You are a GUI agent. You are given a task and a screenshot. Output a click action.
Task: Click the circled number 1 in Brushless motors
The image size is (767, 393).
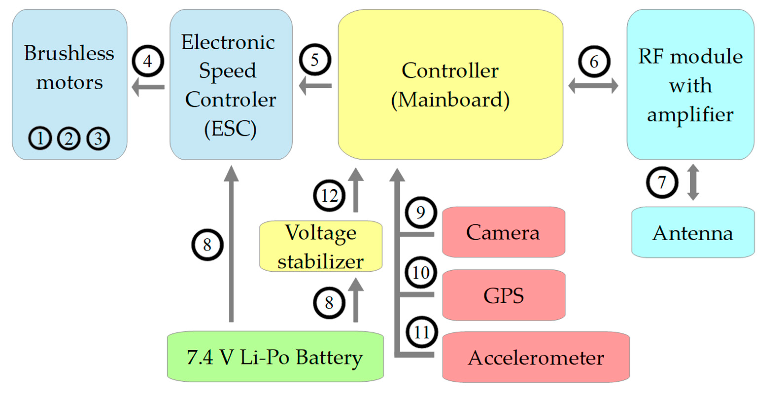click(40, 138)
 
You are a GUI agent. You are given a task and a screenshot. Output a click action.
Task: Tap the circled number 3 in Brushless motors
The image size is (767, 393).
click(98, 139)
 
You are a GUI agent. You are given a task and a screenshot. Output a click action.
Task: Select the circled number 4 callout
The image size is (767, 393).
click(148, 61)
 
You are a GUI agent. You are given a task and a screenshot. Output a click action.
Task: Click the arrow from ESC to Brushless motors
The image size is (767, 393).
click(148, 87)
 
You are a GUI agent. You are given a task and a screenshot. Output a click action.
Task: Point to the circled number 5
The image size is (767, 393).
click(315, 60)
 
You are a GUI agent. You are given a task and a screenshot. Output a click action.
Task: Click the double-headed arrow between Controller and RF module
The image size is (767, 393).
click(593, 86)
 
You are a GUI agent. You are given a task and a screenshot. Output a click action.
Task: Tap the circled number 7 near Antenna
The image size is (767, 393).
click(662, 182)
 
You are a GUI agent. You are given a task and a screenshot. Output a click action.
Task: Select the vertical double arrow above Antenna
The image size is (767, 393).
click(693, 182)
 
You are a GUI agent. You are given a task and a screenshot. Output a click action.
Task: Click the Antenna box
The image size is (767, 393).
click(693, 232)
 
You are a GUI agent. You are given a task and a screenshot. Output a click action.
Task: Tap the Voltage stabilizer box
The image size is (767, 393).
click(321, 246)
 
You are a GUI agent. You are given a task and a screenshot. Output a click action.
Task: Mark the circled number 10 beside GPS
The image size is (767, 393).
click(421, 272)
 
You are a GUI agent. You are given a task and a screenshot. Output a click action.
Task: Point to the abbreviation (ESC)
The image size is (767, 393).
click(230, 129)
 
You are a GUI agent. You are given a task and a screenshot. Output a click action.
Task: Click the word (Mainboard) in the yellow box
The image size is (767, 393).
click(450, 100)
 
